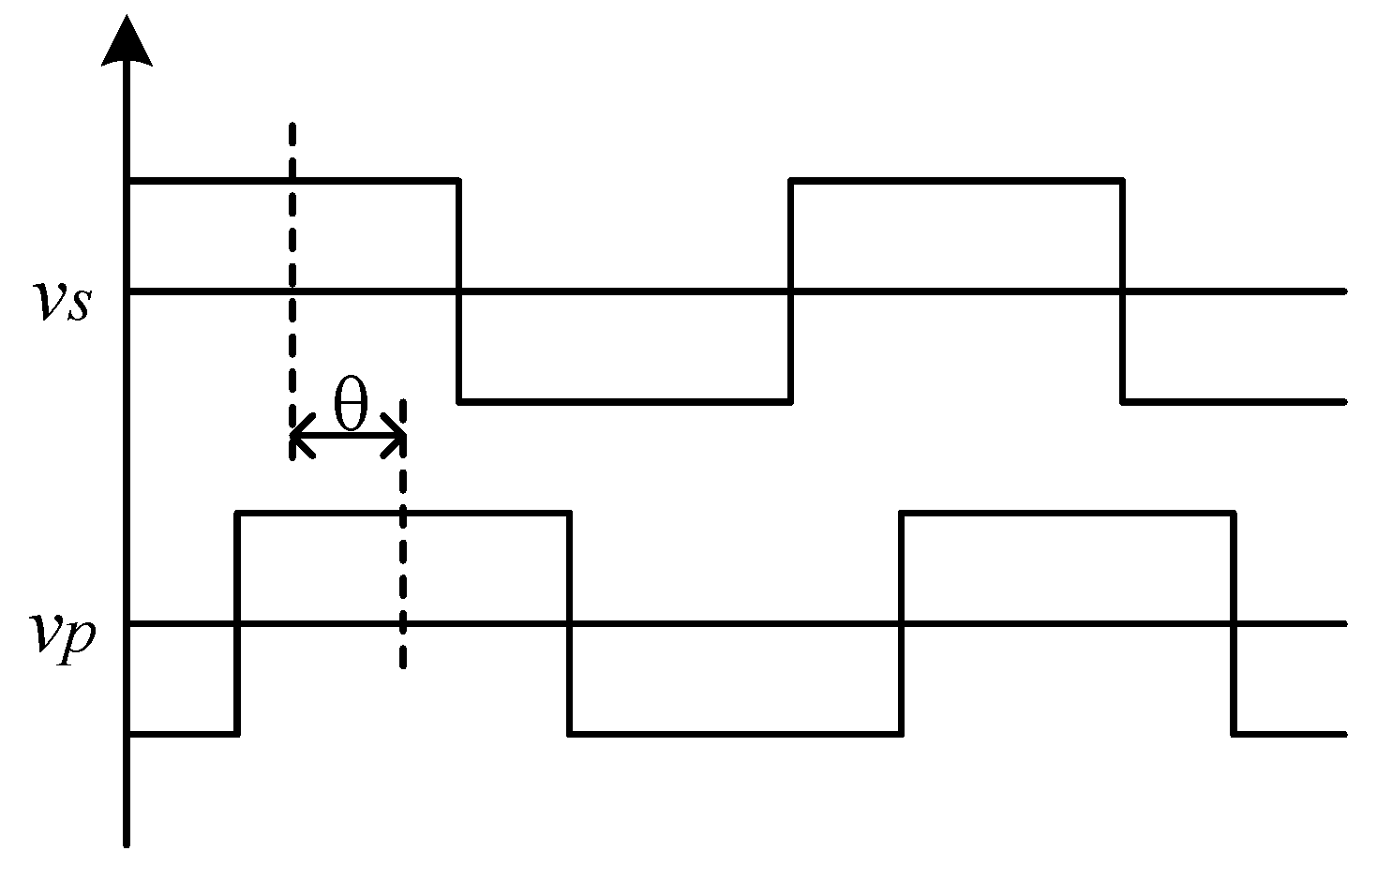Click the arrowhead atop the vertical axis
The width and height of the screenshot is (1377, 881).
click(x=127, y=41)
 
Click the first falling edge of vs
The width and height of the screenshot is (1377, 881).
click(x=458, y=291)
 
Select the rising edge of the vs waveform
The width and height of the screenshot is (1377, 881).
click(x=791, y=291)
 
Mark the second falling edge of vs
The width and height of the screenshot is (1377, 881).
click(x=1122, y=291)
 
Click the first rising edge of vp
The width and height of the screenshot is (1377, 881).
click(x=238, y=622)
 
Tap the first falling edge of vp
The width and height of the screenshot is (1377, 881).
click(x=570, y=622)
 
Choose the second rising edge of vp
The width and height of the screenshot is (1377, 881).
click(x=902, y=622)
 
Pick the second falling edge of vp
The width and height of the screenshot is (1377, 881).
click(x=1234, y=622)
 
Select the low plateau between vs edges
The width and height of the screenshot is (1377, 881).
click(x=624, y=401)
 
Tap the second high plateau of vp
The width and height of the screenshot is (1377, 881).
click(x=1068, y=513)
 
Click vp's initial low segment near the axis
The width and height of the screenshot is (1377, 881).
click(x=182, y=733)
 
